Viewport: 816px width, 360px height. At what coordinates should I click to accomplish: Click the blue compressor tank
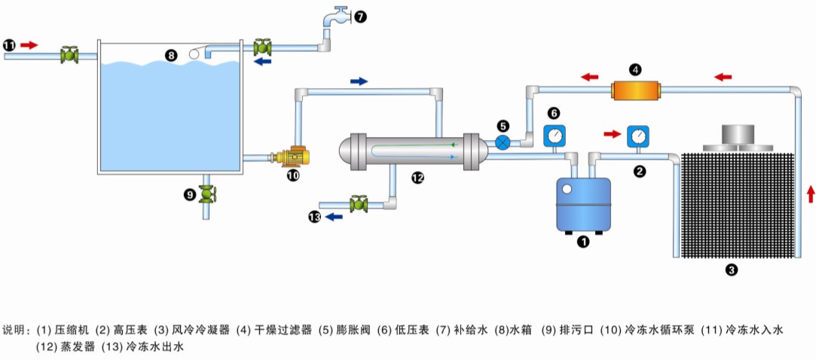coord(582,203)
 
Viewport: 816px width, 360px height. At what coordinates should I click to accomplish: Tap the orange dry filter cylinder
coord(635,90)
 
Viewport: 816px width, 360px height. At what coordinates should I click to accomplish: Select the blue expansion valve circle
coord(503,142)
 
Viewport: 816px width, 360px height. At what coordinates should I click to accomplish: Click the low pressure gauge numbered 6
coord(555,136)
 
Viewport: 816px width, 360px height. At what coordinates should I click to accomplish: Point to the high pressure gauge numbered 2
coord(639,136)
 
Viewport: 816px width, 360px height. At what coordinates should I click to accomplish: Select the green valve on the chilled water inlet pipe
coord(69,55)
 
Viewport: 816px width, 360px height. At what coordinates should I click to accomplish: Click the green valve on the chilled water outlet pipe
coord(359,203)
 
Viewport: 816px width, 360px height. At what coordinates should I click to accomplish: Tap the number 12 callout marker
coord(417,178)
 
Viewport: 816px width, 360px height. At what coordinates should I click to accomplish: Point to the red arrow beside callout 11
coord(29,45)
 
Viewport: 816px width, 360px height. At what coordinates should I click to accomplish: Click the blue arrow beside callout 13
coord(334,217)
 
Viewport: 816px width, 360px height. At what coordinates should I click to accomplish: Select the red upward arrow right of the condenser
coord(811,194)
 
